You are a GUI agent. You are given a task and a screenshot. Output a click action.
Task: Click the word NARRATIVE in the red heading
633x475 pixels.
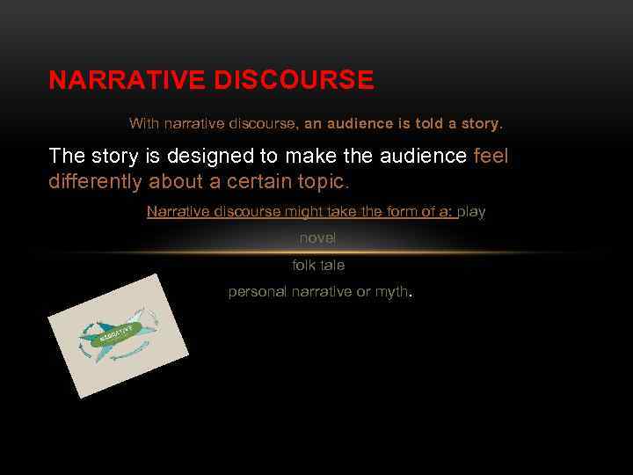[127, 81]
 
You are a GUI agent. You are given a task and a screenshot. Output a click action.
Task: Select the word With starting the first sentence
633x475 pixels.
[144, 124]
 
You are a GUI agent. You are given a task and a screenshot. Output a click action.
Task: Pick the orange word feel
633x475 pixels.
[491, 157]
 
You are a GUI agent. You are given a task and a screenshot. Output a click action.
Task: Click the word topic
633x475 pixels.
[322, 181]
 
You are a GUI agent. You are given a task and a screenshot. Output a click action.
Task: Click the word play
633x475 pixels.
[471, 212]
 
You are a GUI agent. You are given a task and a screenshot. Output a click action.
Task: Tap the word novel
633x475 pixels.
[317, 238]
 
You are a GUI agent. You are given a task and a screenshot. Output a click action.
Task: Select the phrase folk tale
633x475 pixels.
[317, 265]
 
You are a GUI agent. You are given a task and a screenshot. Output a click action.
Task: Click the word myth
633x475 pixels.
[392, 292]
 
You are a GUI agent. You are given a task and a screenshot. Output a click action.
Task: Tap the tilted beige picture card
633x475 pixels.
[120, 335]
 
